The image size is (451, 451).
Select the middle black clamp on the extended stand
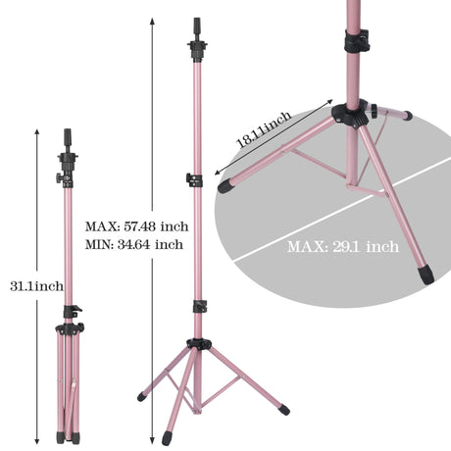pos(195,180)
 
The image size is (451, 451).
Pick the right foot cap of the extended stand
pos(283,409)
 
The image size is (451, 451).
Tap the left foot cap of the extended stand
pos(142,397)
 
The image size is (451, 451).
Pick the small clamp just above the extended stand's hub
pos(199,307)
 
